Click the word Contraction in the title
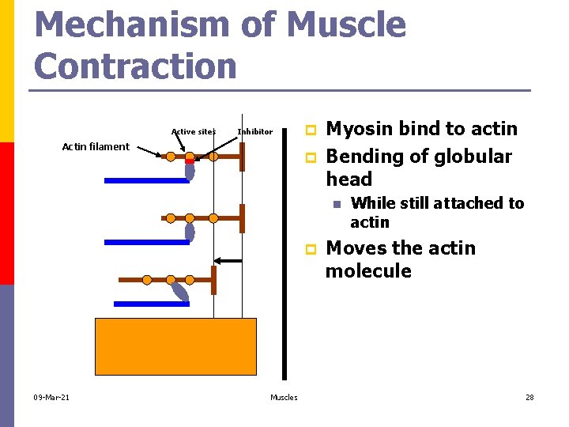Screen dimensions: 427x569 [x=136, y=66]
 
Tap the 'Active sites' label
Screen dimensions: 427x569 [x=193, y=131]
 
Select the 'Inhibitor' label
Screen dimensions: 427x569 [x=254, y=131]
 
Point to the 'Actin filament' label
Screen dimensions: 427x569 [x=96, y=146]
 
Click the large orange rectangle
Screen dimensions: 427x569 [x=175, y=350]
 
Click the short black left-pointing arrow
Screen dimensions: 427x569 [x=229, y=260]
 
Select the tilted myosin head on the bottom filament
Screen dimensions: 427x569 [x=181, y=293]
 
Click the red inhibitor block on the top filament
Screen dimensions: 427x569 [x=190, y=161]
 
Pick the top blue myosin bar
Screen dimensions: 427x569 [x=146, y=180]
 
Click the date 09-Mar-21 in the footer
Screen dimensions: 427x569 [x=51, y=397]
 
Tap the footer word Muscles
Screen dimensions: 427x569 [x=284, y=397]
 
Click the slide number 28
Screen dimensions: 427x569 [x=529, y=397]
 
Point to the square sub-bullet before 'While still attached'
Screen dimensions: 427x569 [x=336, y=204]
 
